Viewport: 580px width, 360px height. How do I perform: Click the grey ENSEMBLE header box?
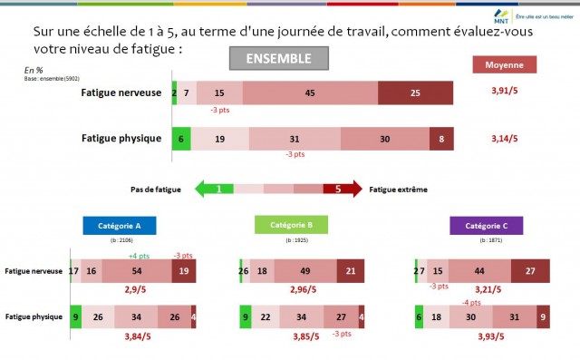coord(277,59)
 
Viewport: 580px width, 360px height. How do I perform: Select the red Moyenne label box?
coord(505,65)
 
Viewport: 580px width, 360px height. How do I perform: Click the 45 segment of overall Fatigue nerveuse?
coord(310,93)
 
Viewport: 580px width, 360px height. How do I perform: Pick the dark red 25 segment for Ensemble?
coord(415,93)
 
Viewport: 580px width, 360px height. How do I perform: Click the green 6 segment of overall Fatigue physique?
coord(181,139)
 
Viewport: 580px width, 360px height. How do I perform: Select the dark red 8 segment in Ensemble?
coord(441,139)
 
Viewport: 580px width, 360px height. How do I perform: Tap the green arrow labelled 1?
coord(217,190)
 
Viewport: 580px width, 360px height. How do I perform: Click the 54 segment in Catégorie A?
coord(136,271)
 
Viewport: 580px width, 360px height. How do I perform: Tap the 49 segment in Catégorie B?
coord(306,271)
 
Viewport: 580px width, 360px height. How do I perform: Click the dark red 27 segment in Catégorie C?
coord(530,271)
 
